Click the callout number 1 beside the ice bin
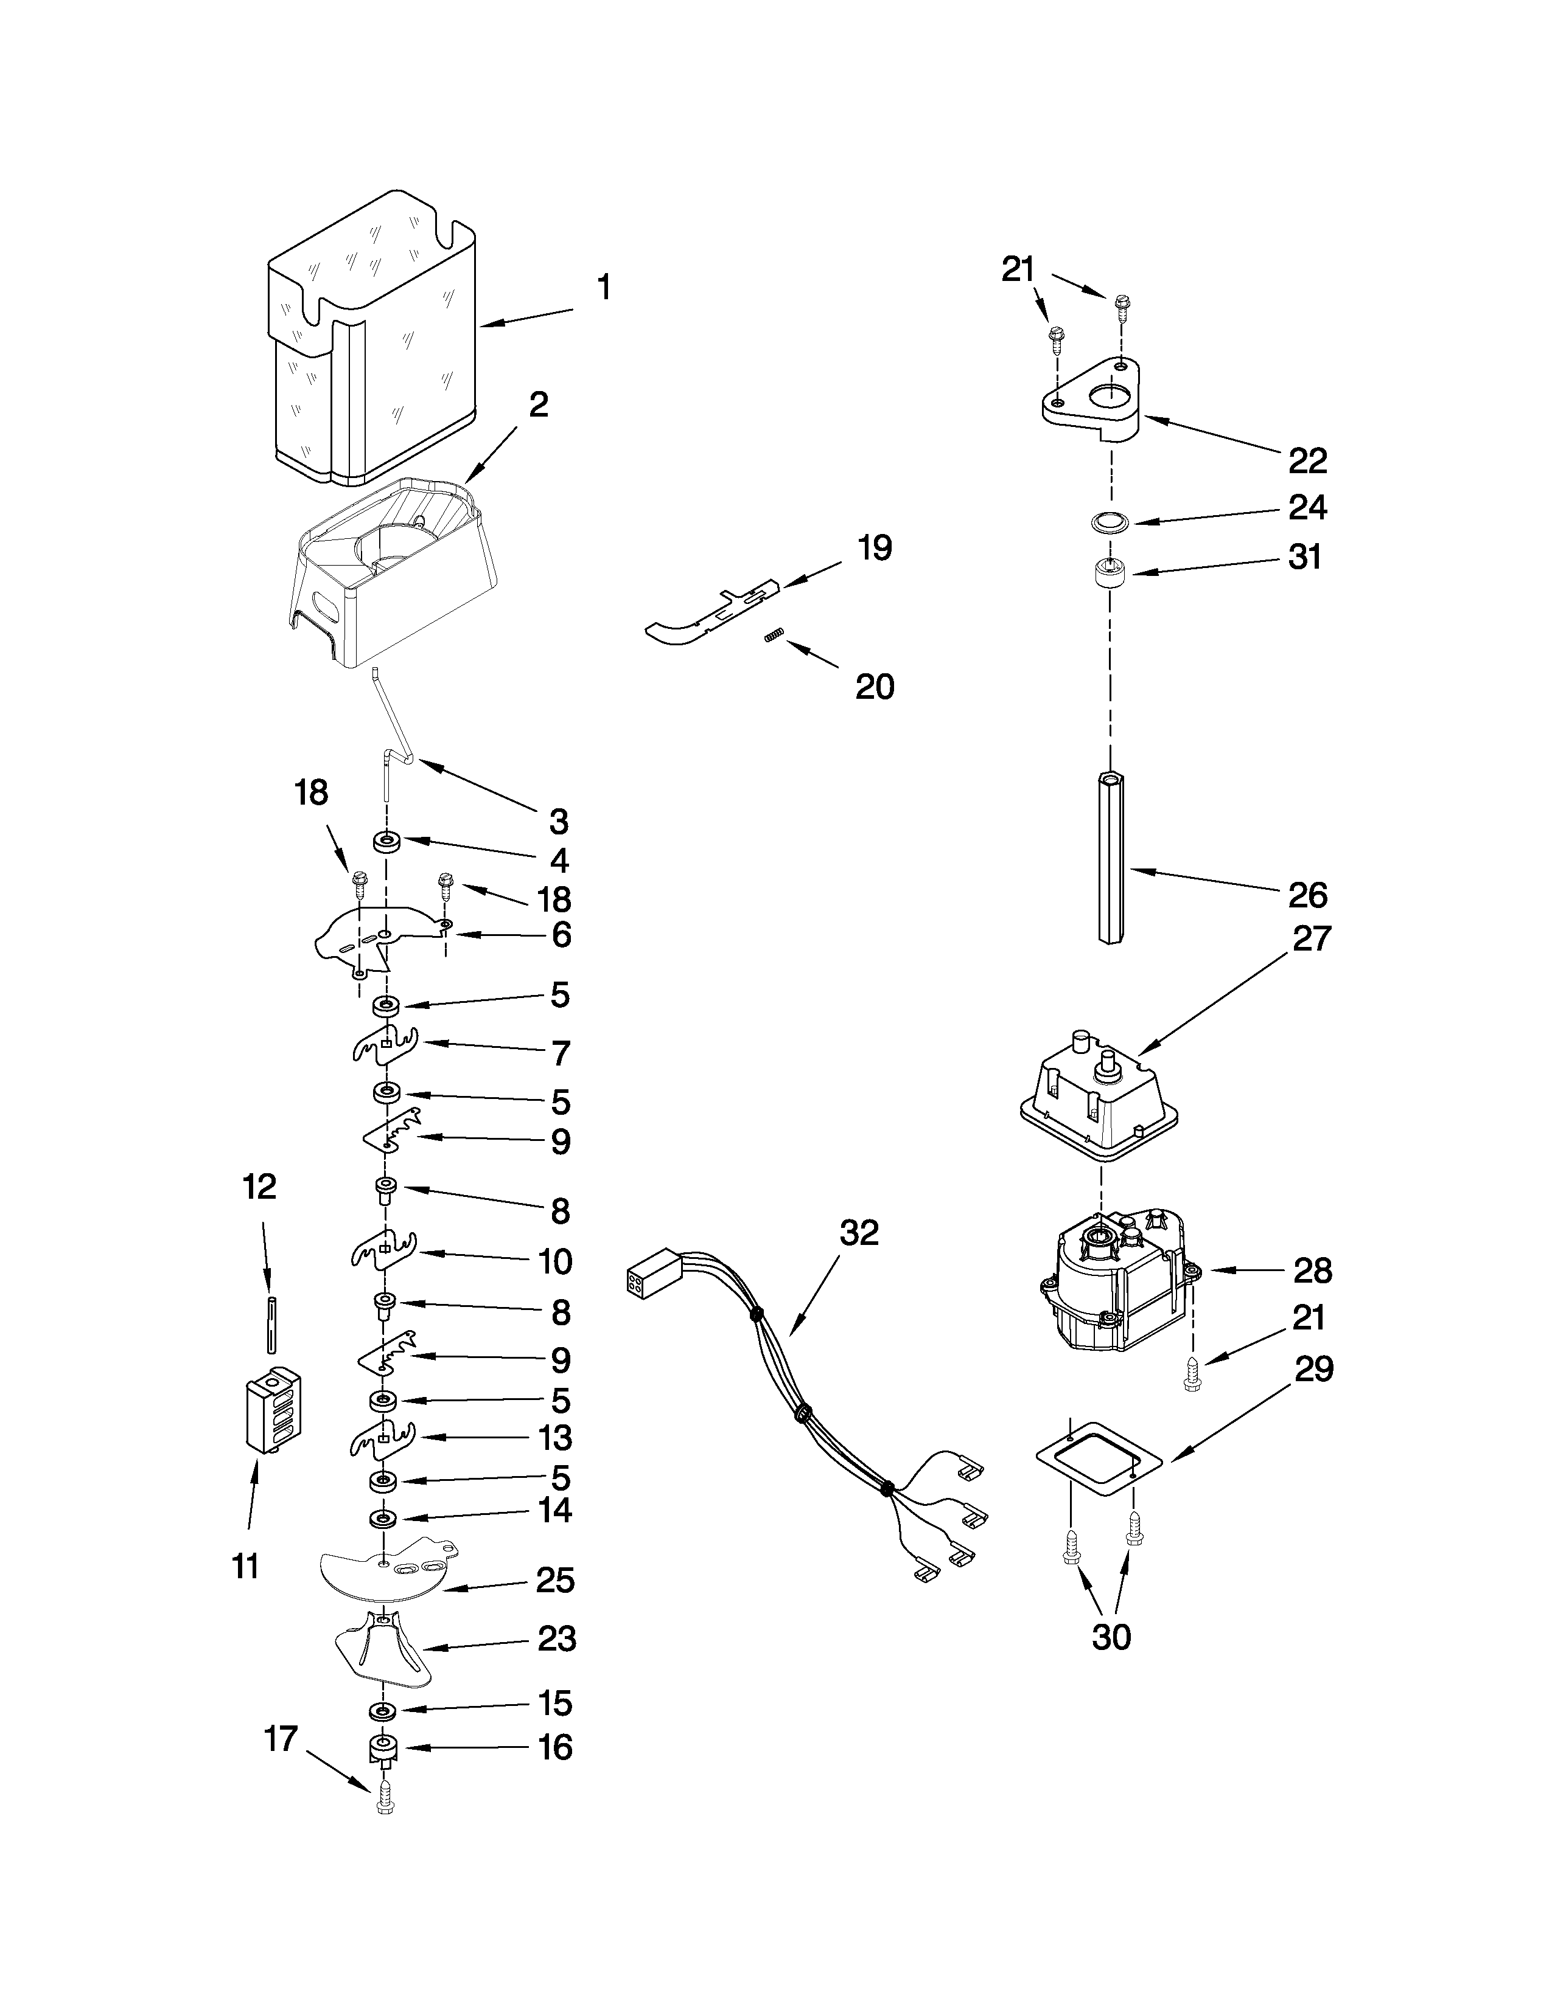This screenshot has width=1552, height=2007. (x=603, y=288)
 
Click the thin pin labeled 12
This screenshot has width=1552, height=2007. (x=272, y=1323)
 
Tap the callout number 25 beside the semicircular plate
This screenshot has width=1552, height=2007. (x=555, y=1581)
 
